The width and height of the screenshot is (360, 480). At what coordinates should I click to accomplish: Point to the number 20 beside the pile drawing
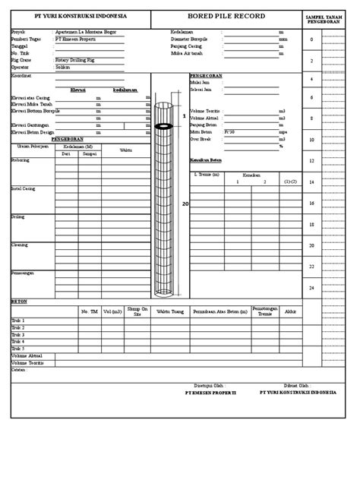pos(185,204)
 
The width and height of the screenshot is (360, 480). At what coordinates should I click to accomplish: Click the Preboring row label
pos(20,161)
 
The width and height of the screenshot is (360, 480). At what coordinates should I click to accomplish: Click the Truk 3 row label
pos(18,335)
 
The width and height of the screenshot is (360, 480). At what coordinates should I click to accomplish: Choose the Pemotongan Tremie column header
pos(264,311)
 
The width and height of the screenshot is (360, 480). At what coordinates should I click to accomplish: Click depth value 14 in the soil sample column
pos(311,182)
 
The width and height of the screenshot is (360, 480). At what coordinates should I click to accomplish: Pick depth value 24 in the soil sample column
pos(311,288)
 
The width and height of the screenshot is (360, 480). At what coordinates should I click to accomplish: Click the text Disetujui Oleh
pos(210,385)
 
